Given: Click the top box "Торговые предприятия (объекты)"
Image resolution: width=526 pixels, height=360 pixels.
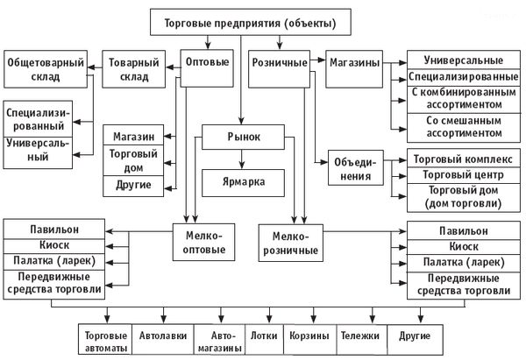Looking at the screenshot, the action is (x=250, y=22).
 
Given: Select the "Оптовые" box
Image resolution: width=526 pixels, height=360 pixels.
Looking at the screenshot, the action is (x=207, y=68).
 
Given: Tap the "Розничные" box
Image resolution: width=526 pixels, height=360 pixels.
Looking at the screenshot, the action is (x=279, y=69).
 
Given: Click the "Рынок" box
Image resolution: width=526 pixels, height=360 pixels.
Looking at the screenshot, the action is (x=243, y=137).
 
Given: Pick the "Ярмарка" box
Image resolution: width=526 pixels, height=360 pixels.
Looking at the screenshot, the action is (x=243, y=183).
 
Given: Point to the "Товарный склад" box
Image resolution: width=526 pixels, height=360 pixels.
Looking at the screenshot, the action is (x=133, y=69).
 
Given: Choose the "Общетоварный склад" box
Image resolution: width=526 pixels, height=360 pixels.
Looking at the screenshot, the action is (x=46, y=69).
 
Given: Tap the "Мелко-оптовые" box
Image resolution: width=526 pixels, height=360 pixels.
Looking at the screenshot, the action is (x=203, y=242).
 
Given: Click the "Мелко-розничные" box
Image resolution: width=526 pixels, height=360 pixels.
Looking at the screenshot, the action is (x=291, y=243).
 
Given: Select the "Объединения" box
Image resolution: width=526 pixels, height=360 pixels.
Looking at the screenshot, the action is (x=356, y=167).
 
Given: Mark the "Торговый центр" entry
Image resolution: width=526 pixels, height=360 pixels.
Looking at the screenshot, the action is (x=464, y=175).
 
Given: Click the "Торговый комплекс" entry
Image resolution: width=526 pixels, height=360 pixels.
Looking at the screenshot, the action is (x=464, y=159).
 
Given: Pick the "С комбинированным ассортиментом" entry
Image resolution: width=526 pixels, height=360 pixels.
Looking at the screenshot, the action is (x=464, y=99).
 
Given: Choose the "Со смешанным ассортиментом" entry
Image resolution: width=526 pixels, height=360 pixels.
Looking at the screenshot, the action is (x=464, y=127).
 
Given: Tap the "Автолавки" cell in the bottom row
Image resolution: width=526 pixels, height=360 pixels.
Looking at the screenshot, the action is (x=163, y=339).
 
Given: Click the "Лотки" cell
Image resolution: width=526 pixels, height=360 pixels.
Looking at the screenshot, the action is (x=265, y=339).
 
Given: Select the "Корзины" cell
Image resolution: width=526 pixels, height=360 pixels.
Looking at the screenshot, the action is (x=310, y=339).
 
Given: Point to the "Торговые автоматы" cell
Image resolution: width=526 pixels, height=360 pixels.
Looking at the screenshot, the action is (x=105, y=339).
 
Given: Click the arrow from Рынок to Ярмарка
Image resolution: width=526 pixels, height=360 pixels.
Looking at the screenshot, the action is (x=242, y=159).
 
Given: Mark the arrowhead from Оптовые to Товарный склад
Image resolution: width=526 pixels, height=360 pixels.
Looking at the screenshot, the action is (x=170, y=67).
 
